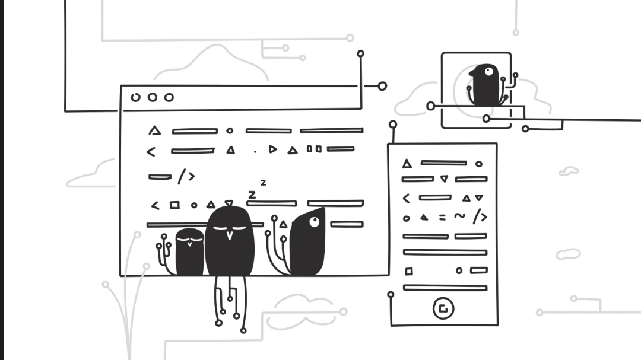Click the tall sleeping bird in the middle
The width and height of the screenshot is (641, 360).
click(x=230, y=243)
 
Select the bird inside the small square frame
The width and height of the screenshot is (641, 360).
click(x=485, y=86)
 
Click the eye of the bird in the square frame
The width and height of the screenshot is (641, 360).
click(x=488, y=72)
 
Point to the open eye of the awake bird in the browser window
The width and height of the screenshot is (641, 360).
click(x=313, y=222)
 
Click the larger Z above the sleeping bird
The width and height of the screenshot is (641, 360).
click(x=252, y=194)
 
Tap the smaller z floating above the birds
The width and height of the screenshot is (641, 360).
click(x=263, y=183)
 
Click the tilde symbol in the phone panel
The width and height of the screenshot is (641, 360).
click(x=460, y=216)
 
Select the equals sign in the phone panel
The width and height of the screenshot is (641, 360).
click(x=442, y=218)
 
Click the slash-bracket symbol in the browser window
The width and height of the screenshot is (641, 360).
click(x=186, y=176)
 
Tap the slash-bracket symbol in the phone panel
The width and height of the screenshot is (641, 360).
click(x=480, y=217)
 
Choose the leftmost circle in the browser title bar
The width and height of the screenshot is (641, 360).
click(x=136, y=97)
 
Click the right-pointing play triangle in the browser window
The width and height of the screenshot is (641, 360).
click(x=272, y=149)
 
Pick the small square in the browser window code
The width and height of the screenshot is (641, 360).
click(x=174, y=205)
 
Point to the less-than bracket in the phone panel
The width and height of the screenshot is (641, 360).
click(x=407, y=199)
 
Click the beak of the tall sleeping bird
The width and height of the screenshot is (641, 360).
click(x=230, y=234)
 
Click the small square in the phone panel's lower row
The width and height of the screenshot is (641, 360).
click(x=409, y=271)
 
